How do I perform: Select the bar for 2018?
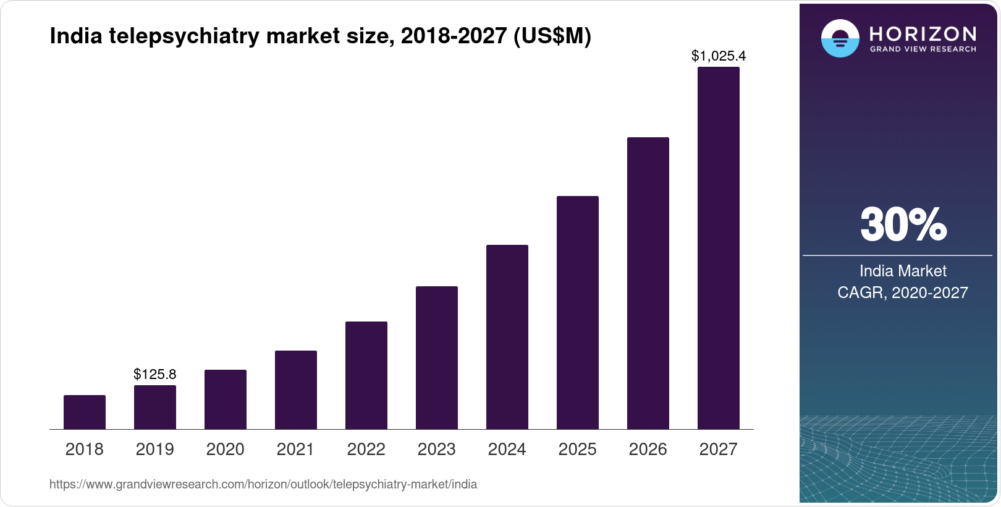85,412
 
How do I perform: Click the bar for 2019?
155,407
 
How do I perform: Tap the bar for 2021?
296,390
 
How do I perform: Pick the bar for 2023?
437,357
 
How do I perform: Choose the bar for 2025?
578,312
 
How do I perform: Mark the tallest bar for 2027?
719,247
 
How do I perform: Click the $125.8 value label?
155,374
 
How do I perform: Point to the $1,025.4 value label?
719,56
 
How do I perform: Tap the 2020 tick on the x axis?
226,449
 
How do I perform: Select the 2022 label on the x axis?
366,449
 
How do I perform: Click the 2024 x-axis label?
507,449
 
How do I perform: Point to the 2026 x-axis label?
648,449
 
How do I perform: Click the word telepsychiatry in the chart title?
184,36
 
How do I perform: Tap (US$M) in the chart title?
552,36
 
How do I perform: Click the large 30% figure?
903,224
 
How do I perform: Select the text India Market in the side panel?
903,271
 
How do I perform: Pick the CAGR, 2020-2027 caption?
903,292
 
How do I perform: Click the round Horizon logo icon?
840,38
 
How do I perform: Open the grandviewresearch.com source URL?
263,484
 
